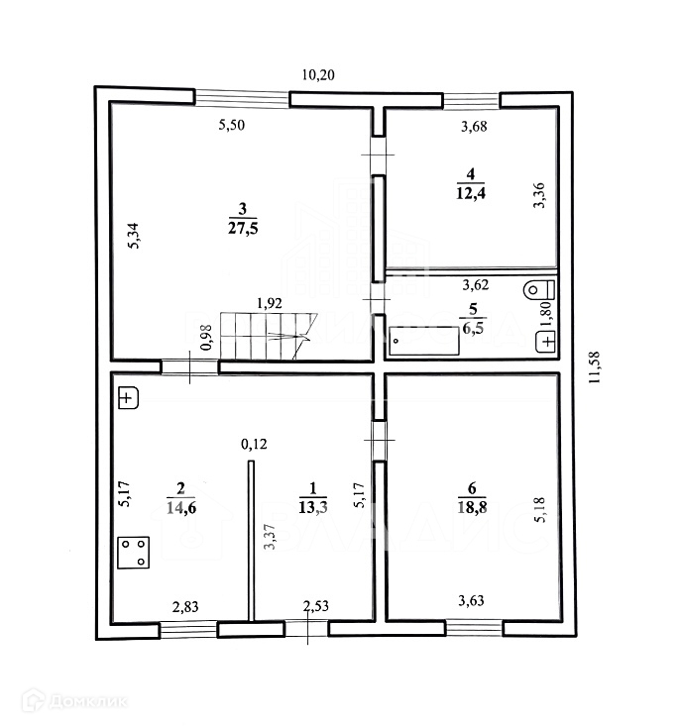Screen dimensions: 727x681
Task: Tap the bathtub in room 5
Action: tap(424, 340)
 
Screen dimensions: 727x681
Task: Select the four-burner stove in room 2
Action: tap(135, 552)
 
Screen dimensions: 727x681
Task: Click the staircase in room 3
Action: tap(266, 337)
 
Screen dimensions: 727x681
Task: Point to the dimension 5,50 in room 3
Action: tap(233, 126)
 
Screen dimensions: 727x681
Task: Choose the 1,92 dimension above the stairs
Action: tap(270, 303)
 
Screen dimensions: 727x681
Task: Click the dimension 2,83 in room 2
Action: tap(186, 605)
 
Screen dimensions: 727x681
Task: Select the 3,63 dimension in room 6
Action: tap(472, 598)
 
